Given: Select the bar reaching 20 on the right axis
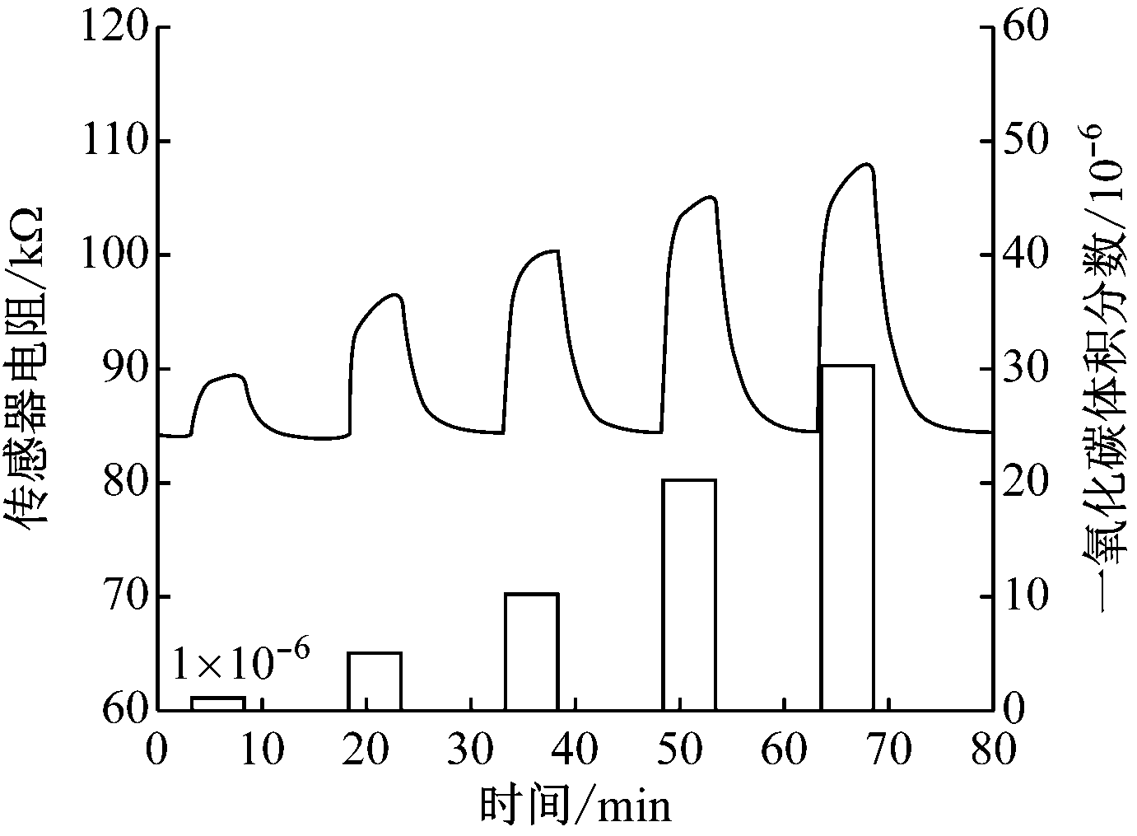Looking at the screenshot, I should [x=689, y=594].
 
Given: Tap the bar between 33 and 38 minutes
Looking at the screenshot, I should [x=531, y=652].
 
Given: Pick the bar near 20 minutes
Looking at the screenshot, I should [x=375, y=680].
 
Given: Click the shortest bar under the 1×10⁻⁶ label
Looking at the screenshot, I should [x=217, y=703].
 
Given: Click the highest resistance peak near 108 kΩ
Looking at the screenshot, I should [x=867, y=164].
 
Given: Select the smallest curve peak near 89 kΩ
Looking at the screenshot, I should [x=238, y=375].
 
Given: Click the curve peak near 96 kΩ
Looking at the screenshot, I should [x=396, y=294].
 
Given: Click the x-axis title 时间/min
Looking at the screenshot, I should [x=575, y=806].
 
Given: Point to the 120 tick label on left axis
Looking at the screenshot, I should [x=114, y=28].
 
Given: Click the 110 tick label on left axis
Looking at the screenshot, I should [x=114, y=142].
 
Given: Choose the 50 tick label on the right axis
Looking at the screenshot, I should [x=1023, y=142].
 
